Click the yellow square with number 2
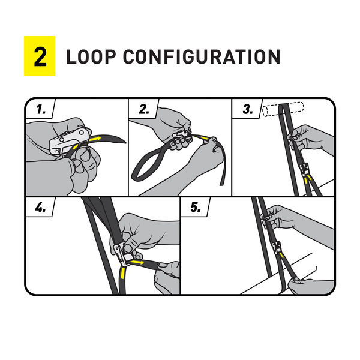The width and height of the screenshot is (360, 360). (x=40, y=56)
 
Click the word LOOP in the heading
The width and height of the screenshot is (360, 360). (x=91, y=57)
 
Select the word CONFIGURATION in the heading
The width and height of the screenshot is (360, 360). (x=202, y=57)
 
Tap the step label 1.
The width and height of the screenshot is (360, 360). (x=41, y=109)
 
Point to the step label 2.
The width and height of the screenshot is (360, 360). (x=144, y=109)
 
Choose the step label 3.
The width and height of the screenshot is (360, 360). (x=248, y=109)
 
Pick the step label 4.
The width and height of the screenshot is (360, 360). (x=40, y=208)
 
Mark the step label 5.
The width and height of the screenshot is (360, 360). (x=196, y=208)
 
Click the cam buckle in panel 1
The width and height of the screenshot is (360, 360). (x=68, y=141)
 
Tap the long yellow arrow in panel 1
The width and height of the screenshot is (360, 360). (x=95, y=139)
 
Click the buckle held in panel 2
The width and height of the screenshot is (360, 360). (x=181, y=134)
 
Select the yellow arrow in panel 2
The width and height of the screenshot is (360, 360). (x=204, y=138)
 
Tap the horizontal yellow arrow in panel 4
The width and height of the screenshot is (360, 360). (x=137, y=262)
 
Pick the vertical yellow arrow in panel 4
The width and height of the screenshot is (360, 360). (x=122, y=273)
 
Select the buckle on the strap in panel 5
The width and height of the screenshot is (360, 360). (x=277, y=248)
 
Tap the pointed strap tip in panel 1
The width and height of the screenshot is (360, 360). (x=125, y=142)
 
